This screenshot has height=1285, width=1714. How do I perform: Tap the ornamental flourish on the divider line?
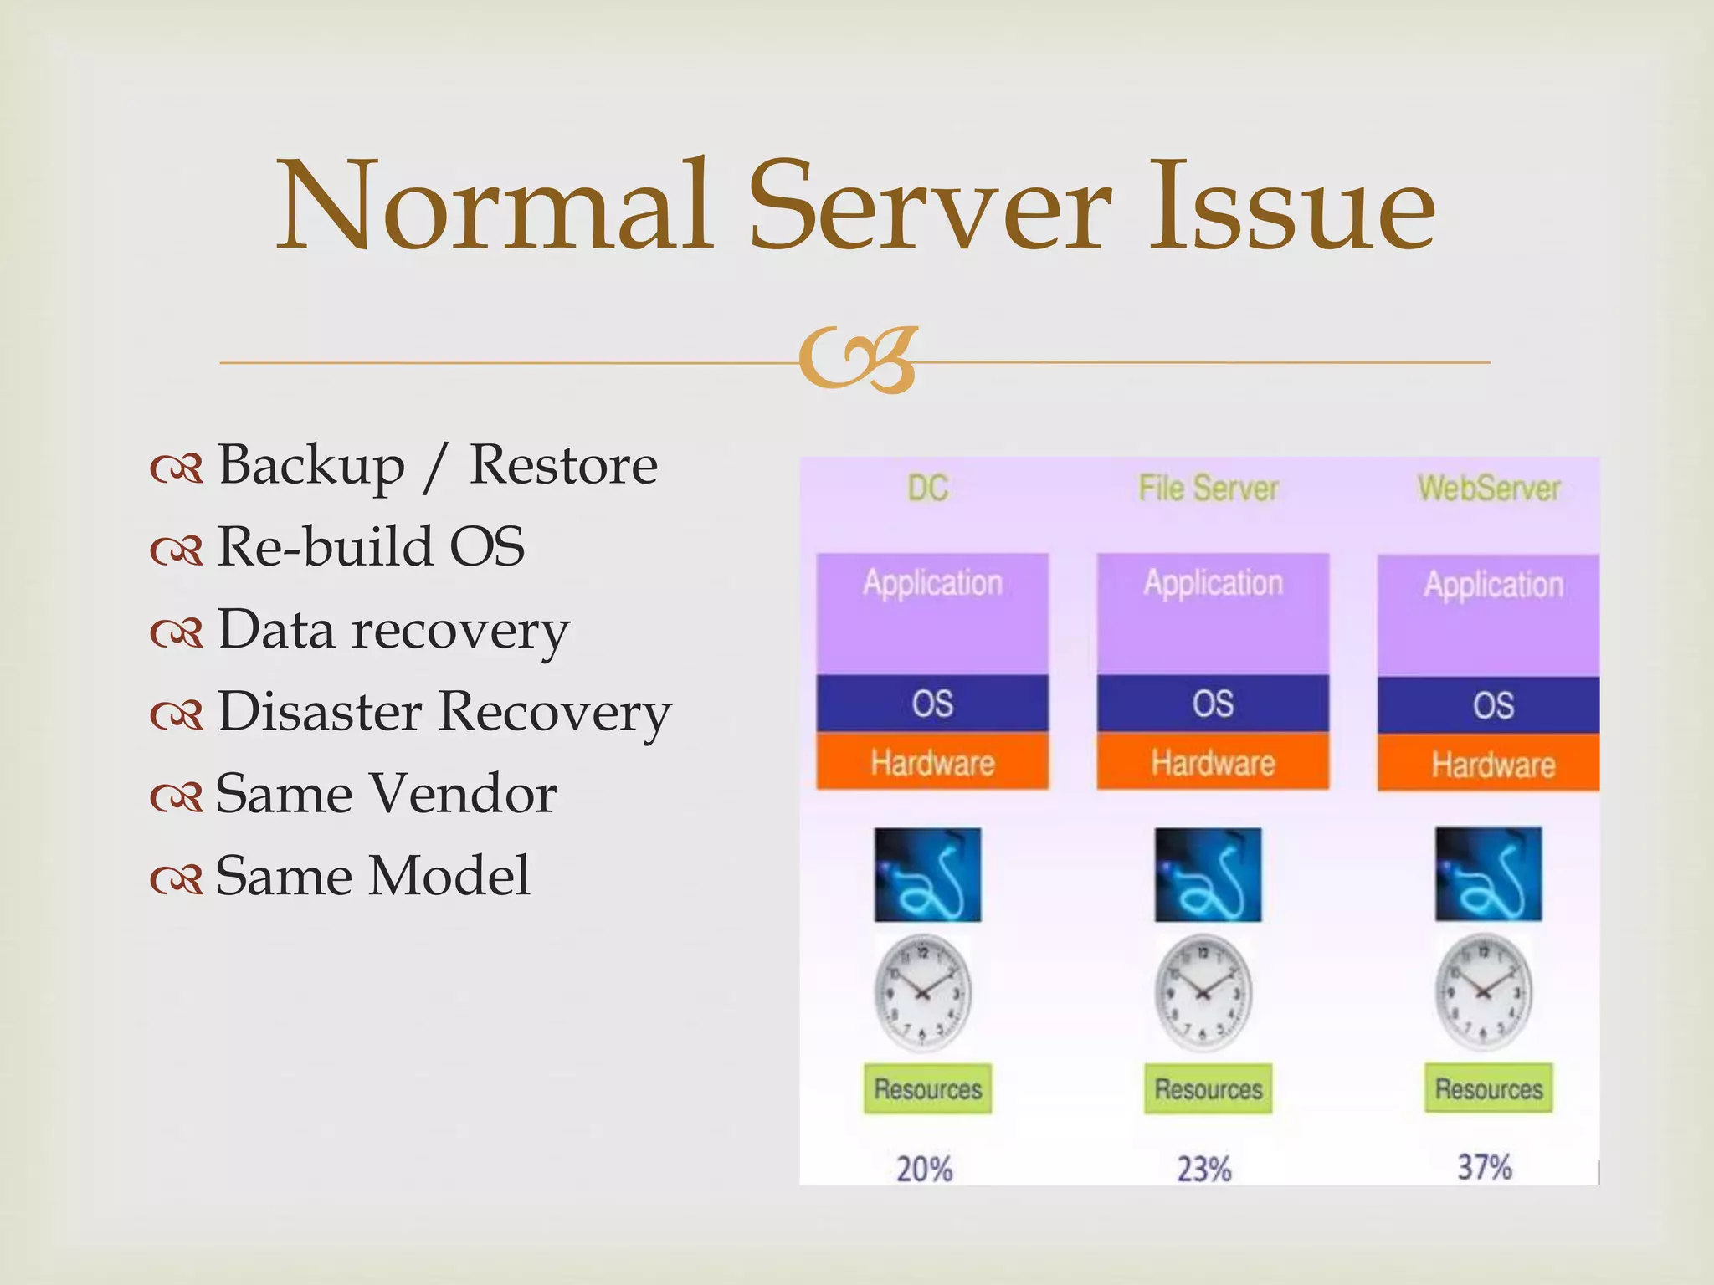tap(859, 360)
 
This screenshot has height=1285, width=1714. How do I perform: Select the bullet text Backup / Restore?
tap(437, 465)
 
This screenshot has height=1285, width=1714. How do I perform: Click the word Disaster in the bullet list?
tap(320, 712)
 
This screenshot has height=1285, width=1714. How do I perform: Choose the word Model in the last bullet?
tap(449, 876)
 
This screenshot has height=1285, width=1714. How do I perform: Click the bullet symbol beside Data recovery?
tap(177, 634)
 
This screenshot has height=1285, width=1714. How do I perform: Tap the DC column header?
tap(927, 489)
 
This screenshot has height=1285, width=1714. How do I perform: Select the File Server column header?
tap(1209, 489)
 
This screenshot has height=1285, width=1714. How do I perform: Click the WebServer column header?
tap(1489, 489)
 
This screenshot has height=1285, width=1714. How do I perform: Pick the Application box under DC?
tap(932, 613)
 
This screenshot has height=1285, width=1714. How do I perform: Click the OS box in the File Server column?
tap(1213, 704)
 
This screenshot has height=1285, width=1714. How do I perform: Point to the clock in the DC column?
tap(923, 993)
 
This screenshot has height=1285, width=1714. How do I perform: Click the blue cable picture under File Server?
tap(1208, 875)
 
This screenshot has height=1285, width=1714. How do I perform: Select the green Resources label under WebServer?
tap(1489, 1088)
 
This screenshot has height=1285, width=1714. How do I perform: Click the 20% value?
tap(924, 1169)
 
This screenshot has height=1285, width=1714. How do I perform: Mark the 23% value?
tap(1204, 1169)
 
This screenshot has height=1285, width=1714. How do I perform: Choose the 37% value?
tap(1485, 1167)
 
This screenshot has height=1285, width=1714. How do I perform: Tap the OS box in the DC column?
tap(932, 704)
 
